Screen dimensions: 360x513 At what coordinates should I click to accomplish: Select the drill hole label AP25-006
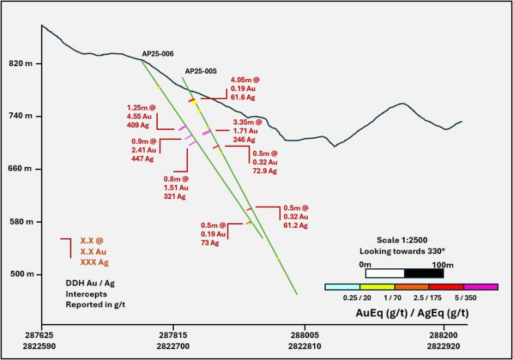tap(158, 54)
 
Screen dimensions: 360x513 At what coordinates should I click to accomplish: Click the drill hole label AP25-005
tap(201, 71)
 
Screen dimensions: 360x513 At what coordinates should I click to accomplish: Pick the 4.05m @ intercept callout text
tap(245, 80)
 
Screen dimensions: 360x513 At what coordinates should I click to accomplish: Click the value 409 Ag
tap(139, 126)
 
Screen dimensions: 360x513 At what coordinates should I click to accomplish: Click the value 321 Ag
tap(174, 196)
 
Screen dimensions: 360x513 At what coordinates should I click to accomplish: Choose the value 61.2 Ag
tap(296, 226)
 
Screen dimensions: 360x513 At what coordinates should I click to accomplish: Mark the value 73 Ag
tap(210, 243)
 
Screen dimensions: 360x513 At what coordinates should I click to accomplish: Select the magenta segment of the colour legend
tap(480, 287)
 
